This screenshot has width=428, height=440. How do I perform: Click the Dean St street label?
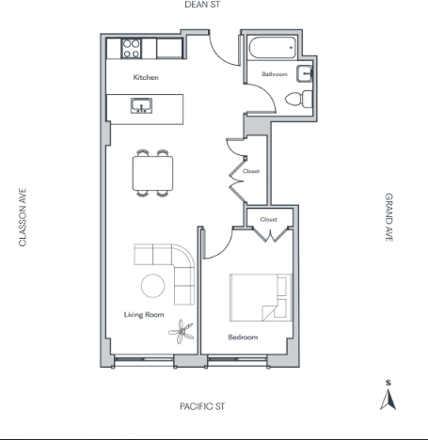202,5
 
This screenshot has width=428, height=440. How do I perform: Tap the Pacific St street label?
202,406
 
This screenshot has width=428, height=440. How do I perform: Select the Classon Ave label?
23,217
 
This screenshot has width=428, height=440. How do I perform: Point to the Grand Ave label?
388,217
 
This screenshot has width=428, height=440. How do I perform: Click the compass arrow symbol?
388,399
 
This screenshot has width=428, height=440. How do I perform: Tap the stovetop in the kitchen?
132,49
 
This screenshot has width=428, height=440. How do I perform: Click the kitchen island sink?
141,105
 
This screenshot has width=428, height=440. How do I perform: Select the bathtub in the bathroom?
273,48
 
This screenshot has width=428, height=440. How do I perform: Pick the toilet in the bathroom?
299,99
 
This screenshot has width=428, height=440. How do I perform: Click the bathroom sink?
305,74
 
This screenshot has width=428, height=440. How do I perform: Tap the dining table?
152,173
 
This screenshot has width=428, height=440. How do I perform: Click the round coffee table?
152,286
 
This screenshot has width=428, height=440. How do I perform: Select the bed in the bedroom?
261,297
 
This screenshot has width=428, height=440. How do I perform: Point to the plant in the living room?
182,332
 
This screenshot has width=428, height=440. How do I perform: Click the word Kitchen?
146,77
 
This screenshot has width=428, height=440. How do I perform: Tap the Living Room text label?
144,315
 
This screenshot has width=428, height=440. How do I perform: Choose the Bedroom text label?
243,338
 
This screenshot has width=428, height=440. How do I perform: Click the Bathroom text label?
275,74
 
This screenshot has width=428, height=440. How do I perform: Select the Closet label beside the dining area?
251,171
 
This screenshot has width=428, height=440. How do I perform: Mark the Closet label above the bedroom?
269,219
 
